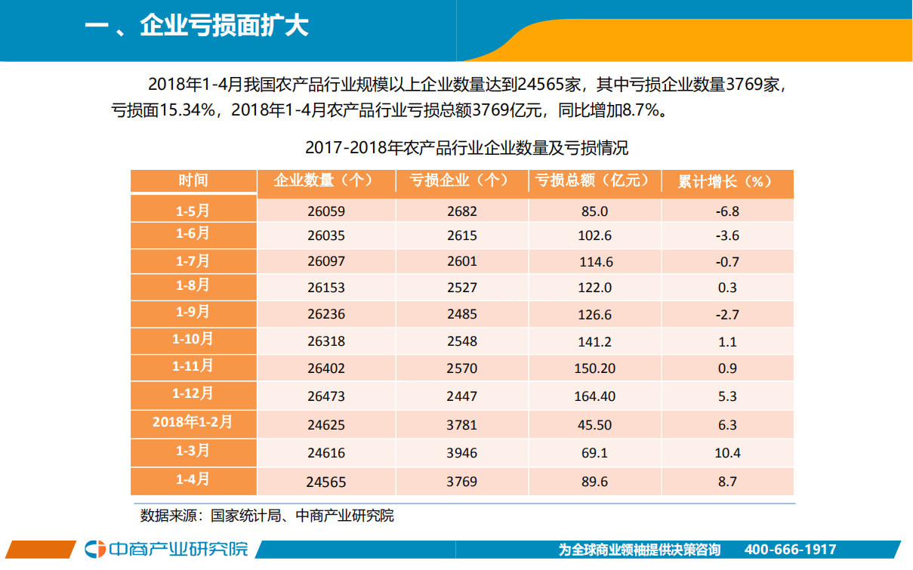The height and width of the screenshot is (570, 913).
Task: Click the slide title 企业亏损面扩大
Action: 196,27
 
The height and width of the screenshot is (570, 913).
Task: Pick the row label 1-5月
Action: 193,209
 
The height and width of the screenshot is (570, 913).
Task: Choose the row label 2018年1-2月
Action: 193,422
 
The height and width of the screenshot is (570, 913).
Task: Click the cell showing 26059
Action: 326,211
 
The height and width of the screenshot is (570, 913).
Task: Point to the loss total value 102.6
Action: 594,236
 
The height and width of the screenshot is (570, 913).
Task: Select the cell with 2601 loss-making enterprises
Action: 461,263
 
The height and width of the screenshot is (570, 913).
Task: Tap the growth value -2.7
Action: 726,315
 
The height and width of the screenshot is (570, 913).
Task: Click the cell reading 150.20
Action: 594,368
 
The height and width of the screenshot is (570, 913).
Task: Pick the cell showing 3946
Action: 461,454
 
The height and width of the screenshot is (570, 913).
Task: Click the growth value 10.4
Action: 726,454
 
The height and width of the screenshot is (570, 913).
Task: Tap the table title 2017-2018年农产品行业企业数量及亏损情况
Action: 466,148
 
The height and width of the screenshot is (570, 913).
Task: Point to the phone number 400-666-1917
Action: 790,550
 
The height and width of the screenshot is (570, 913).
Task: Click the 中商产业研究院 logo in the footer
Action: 166,549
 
